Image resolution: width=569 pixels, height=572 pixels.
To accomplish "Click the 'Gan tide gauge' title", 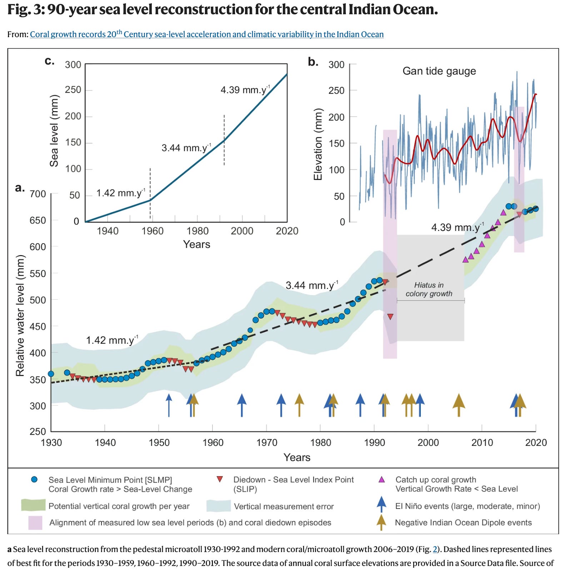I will pyautogui.click(x=439, y=71).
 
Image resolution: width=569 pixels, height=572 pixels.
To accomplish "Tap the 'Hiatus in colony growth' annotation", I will pyautogui.click(x=429, y=290).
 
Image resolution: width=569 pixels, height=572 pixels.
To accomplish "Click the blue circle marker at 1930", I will pyautogui.click(x=51, y=374).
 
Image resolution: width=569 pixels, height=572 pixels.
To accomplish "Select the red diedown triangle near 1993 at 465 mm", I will pyautogui.click(x=390, y=316).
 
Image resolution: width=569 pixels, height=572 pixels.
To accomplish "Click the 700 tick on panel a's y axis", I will pyautogui.click(x=38, y=194).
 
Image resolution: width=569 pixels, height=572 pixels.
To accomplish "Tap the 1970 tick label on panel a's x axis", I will pyautogui.click(x=266, y=443).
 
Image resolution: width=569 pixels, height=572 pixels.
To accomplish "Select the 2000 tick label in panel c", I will pyautogui.click(x=242, y=231).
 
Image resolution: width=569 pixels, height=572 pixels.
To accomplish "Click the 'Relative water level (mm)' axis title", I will pyautogui.click(x=20, y=315).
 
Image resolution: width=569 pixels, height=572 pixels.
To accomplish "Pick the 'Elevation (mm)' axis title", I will pyautogui.click(x=318, y=144).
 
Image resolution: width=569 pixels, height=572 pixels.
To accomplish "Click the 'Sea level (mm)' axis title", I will pyautogui.click(x=54, y=131).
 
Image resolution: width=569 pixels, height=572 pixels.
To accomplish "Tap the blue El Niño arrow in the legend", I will pyautogui.click(x=381, y=504).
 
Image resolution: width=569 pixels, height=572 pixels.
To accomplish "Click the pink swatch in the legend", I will pyautogui.click(x=35, y=523).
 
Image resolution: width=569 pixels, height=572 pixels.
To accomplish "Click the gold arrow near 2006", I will pyautogui.click(x=459, y=405).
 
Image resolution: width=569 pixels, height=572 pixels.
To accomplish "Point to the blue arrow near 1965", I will pyautogui.click(x=242, y=405).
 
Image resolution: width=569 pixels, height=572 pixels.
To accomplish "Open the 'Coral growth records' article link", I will pyautogui.click(x=206, y=34).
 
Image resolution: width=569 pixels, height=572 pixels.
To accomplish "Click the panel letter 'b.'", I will pyautogui.click(x=313, y=62).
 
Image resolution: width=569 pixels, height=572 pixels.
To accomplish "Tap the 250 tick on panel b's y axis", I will pyautogui.click(x=336, y=90).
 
